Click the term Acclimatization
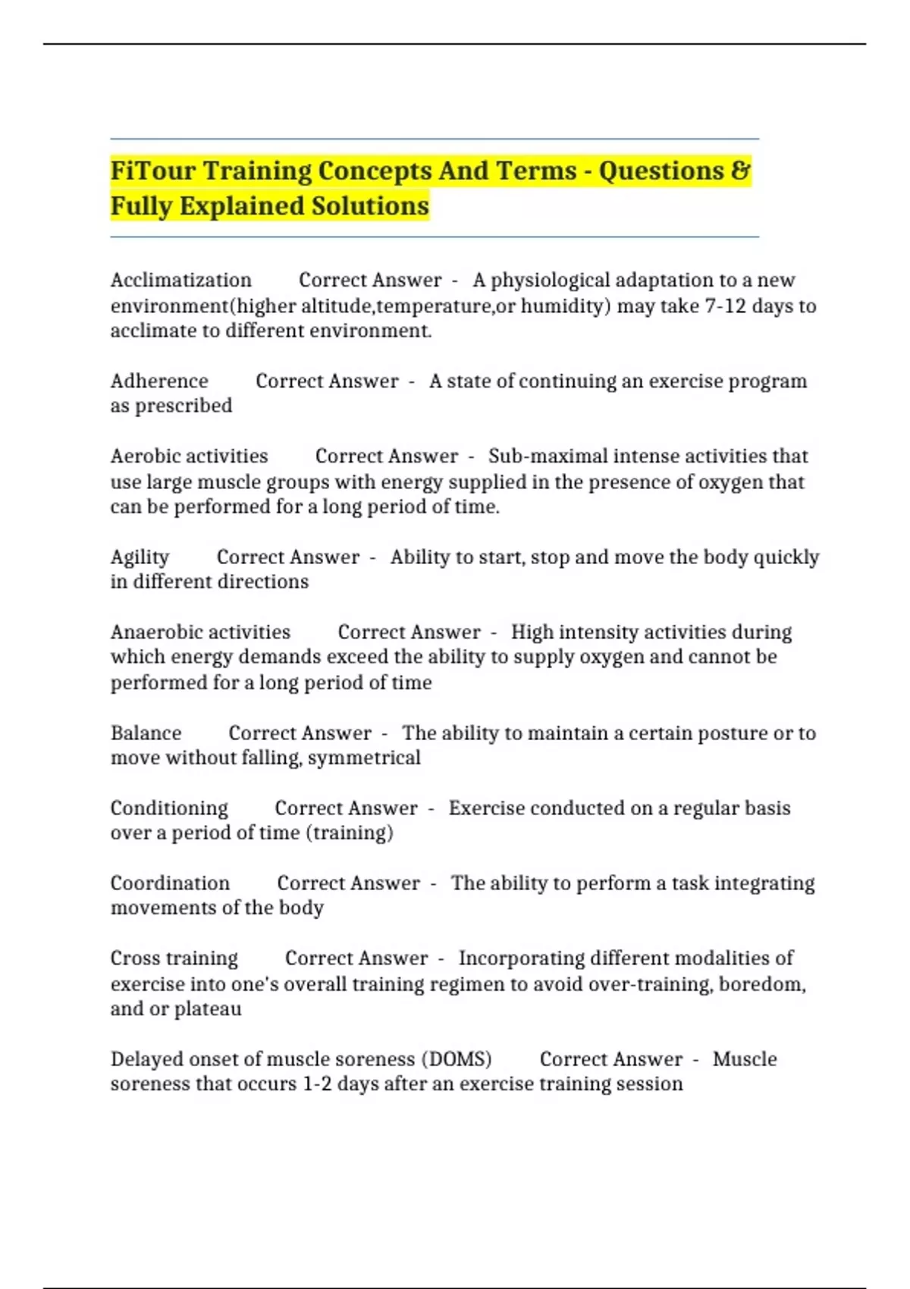(181, 281)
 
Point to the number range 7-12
(725, 306)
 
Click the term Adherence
(159, 381)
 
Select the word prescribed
(184, 406)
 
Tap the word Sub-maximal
(542, 456)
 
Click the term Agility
(140, 558)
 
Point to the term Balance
(146, 733)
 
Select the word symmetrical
(364, 758)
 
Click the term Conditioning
(169, 808)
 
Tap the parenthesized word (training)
(350, 833)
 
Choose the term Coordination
(170, 883)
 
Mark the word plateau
(208, 1009)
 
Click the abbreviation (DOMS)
(457, 1059)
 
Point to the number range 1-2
(317, 1084)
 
